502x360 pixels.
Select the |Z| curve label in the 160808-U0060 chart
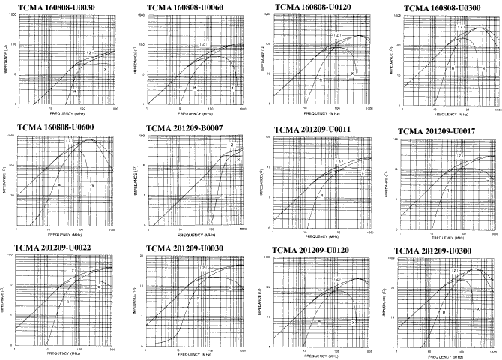[x=203, y=44]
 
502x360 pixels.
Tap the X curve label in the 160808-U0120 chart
[x=353, y=74]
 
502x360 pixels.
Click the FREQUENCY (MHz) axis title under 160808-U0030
[x=65, y=117]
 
